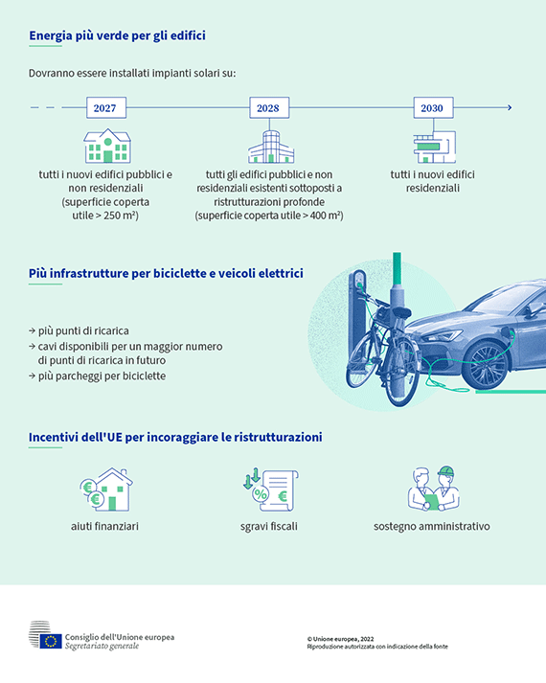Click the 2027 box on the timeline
[106, 107]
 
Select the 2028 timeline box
[269, 107]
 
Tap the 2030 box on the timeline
[433, 107]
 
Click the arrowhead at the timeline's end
[510, 107]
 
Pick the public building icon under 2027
[107, 146]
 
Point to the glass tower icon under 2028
[271, 147]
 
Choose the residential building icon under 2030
[434, 148]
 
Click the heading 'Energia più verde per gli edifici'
[117, 35]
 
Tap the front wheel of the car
[485, 365]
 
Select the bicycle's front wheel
[361, 359]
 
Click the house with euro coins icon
[106, 489]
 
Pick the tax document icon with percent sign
[270, 489]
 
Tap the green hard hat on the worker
[445, 471]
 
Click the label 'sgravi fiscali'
[268, 526]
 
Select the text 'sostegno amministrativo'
[431, 526]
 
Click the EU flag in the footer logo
[51, 641]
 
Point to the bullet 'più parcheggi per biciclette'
[98, 376]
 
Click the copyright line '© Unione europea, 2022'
[340, 639]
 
